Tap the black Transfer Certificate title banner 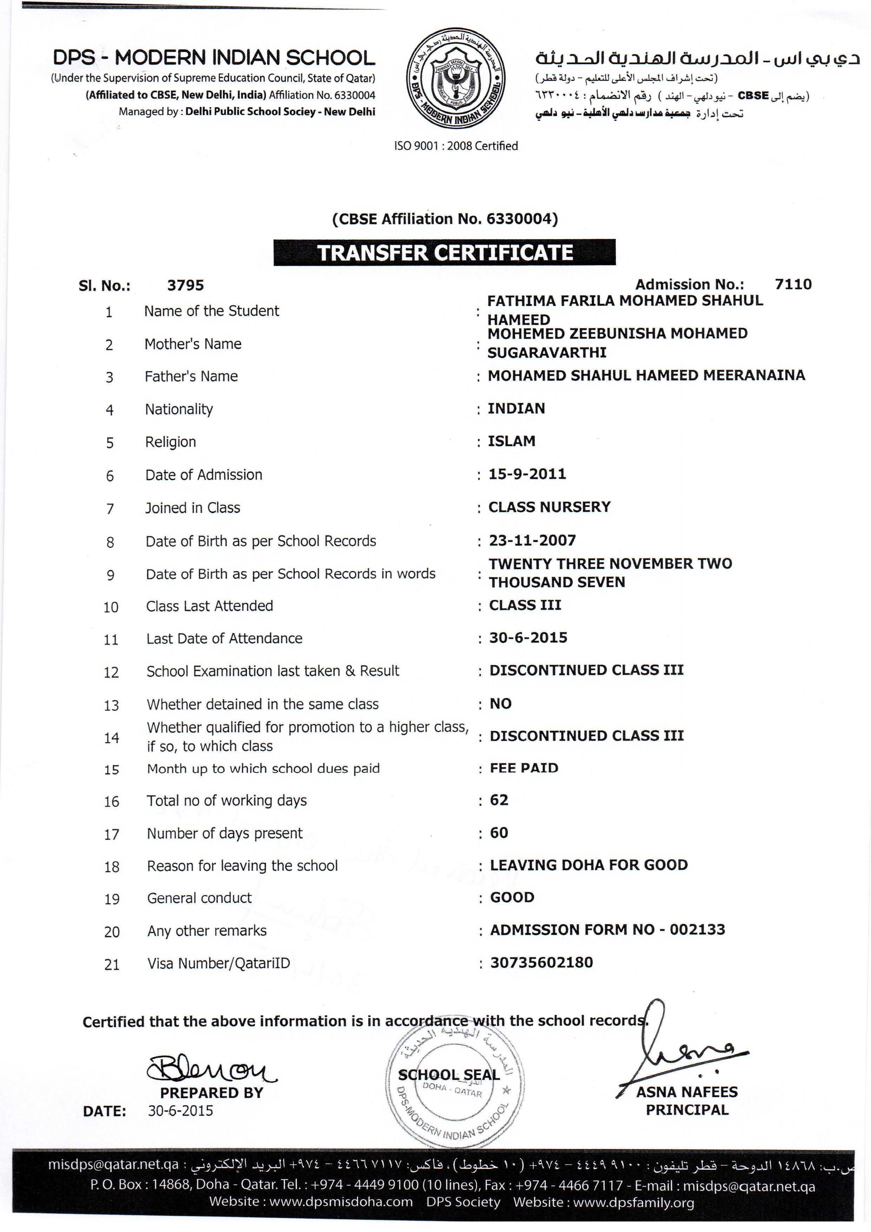444,253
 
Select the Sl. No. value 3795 186,286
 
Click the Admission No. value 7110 793,285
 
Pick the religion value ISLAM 512,441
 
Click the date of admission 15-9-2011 527,474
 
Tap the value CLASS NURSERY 549,507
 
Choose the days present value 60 499,833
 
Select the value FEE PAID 524,768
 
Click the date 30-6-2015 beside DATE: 180,1111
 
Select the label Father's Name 191,376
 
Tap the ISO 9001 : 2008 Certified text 456,146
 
